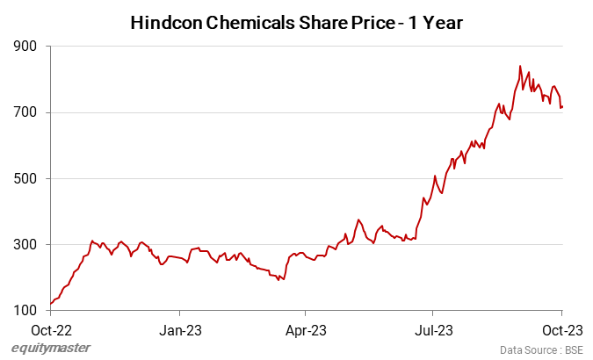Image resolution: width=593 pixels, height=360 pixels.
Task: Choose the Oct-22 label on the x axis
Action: click(52, 330)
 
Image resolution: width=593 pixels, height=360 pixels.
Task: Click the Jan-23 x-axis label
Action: click(179, 330)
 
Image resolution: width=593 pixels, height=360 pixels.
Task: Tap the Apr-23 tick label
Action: click(305, 330)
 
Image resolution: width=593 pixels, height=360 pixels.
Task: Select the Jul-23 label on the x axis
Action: click(432, 330)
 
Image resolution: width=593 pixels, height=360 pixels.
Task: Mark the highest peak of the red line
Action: click(520, 66)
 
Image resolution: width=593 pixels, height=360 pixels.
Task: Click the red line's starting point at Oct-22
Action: click(51, 304)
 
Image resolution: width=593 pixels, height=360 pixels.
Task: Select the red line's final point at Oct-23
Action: click(562, 107)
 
